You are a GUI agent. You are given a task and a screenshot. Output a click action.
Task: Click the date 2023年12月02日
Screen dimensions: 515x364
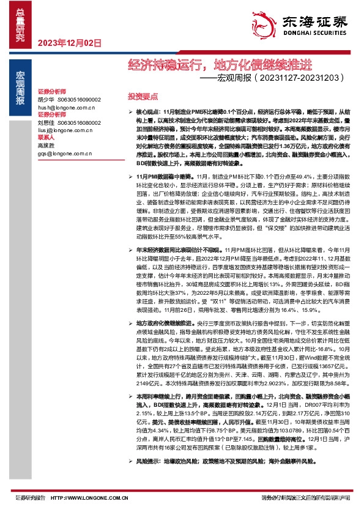(69, 42)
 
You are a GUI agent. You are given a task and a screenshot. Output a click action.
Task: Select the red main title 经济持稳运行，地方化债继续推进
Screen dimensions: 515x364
(220, 64)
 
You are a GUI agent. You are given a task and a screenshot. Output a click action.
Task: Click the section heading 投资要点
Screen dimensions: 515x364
(143, 97)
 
